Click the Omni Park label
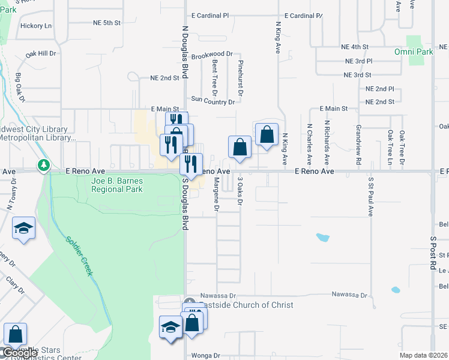click(414, 52)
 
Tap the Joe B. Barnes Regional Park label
click(117, 185)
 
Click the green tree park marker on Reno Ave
click(43, 165)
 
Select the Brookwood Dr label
click(212, 54)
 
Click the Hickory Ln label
click(36, 26)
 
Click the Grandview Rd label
click(358, 145)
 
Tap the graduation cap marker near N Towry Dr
click(23, 229)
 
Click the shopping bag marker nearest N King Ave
click(267, 135)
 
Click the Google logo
click(20, 353)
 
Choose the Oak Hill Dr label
click(41, 54)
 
